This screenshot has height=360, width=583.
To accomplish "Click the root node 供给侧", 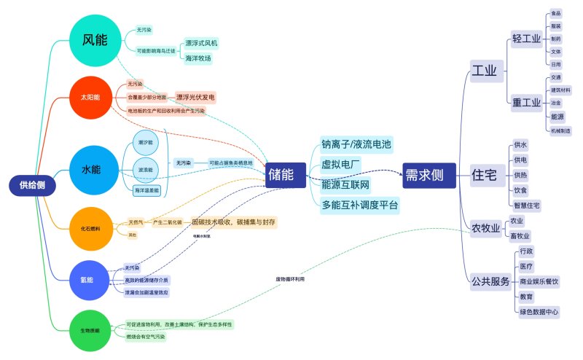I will tap(32, 186).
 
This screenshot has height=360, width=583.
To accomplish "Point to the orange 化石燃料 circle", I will tap(90, 228).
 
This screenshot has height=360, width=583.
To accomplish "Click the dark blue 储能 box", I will tap(281, 174).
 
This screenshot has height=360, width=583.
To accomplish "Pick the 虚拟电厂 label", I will tap(341, 165).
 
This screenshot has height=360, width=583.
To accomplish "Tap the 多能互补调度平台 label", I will tap(360, 205).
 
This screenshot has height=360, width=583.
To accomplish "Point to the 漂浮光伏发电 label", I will tap(196, 96).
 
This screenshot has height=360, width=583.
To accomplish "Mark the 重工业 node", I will tap(526, 102).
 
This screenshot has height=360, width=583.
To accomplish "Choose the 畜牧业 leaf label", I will tap(520, 235).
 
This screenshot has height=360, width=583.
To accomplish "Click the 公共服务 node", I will tap(490, 281).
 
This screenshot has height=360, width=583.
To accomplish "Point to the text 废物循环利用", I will tap(290, 279).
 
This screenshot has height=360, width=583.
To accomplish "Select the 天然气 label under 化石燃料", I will tap(135, 221).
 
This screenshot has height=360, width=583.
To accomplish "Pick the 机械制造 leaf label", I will tap(560, 130).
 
